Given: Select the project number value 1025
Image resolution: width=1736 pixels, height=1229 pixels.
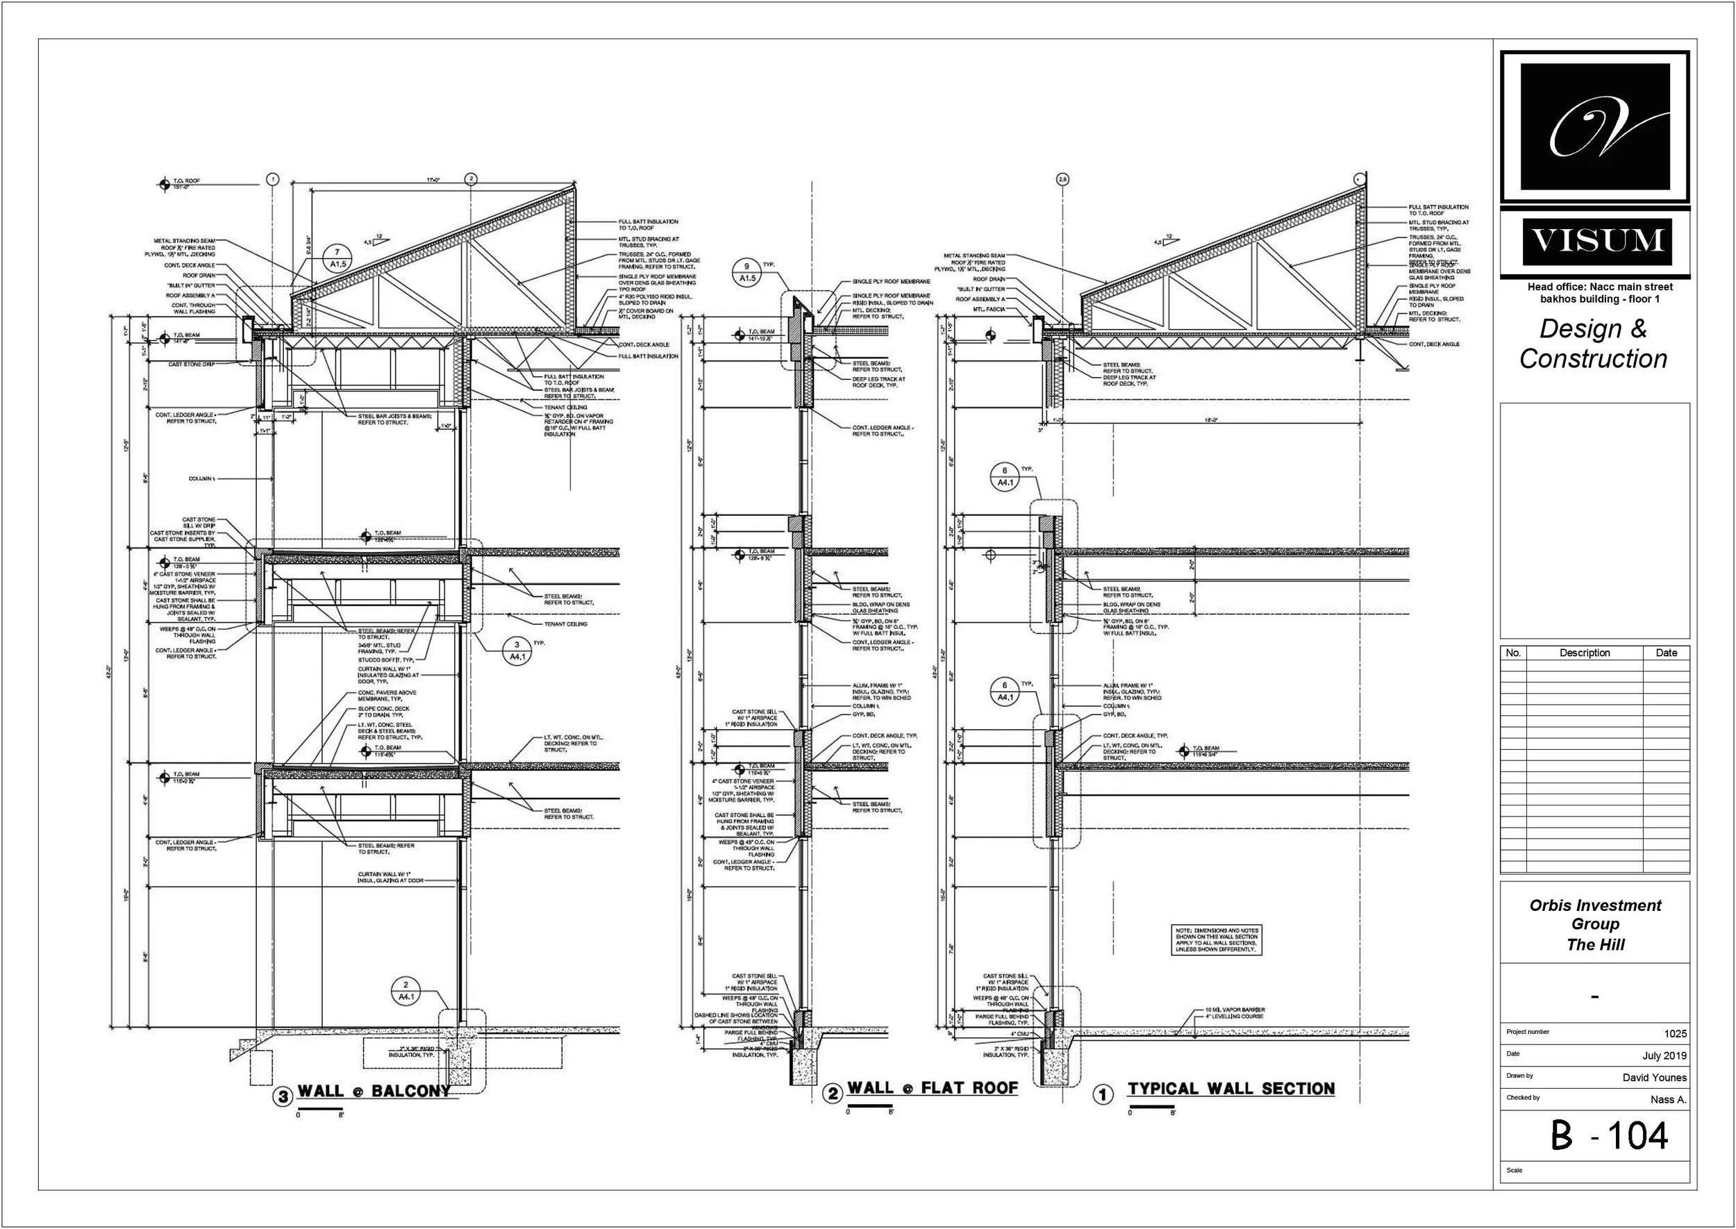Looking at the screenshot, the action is coord(1675,1034).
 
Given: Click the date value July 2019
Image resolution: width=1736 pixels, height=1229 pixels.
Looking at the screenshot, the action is coord(1664,1055).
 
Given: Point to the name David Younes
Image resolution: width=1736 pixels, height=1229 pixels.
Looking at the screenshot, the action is coord(1653,1078).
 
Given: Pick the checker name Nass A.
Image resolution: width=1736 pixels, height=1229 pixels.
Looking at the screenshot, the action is coord(1668,1100).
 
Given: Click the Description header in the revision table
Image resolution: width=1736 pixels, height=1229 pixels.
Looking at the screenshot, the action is coord(1584,653).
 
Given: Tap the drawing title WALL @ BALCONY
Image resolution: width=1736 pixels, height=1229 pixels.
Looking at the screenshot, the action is coord(373,1091).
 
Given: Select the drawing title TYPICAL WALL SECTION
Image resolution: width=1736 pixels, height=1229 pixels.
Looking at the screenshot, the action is coord(1230,1089).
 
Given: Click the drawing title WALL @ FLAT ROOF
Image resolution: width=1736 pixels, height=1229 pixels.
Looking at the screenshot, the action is coord(933,1088).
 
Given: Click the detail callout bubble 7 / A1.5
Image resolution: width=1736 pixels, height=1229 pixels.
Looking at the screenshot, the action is coord(337,258).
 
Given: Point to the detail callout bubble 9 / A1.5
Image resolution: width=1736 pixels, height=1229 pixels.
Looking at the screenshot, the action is coord(747,272).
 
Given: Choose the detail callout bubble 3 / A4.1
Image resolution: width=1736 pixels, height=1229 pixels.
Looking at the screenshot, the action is coord(517,651).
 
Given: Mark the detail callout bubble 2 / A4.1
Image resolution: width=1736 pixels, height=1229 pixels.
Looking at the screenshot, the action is coord(406,992).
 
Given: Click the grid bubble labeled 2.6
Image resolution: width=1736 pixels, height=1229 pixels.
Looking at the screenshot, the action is coord(1062,179).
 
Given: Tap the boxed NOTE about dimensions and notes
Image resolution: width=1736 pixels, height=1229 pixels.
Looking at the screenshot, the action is coord(1217,939).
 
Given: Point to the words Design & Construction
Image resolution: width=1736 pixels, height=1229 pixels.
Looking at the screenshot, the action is coord(1593,344).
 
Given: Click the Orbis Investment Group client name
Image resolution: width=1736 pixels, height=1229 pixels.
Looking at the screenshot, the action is coord(1595,914).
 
